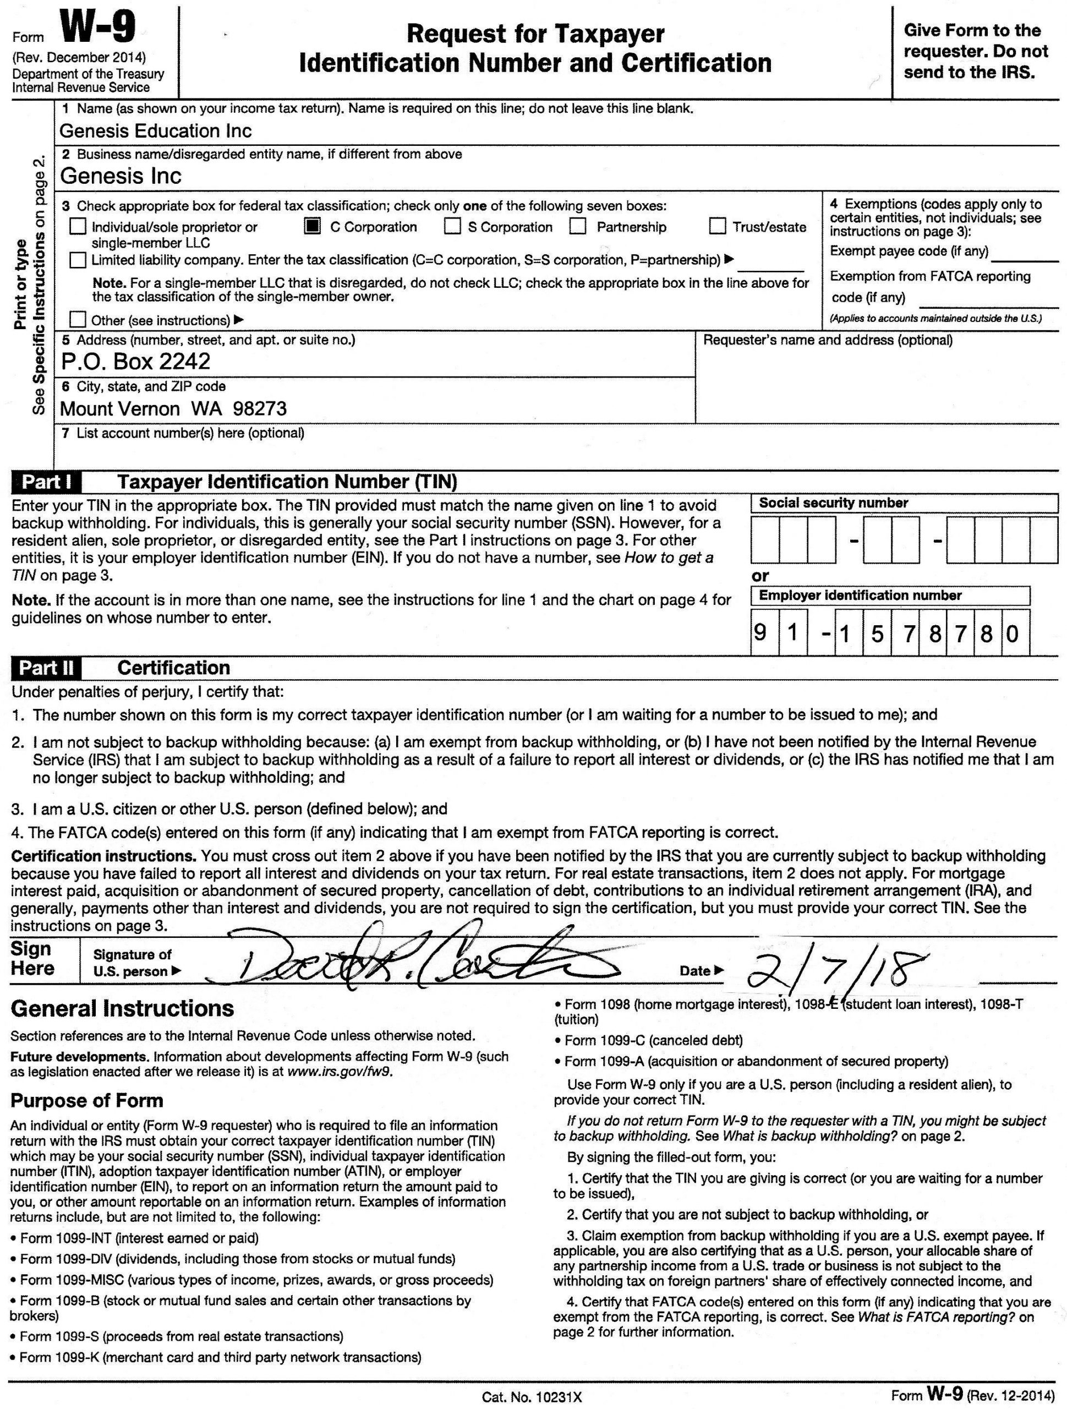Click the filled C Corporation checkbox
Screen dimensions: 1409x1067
click(312, 227)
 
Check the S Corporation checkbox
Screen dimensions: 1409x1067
click(452, 227)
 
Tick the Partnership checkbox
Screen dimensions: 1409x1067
click(578, 227)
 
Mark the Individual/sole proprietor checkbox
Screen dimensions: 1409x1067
click(78, 227)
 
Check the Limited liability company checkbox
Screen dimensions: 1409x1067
click(78, 260)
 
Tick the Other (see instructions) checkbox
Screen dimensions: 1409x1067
click(78, 319)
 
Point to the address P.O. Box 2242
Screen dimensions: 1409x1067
click(135, 362)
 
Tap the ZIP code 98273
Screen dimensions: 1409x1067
click(260, 408)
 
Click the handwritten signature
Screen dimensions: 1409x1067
click(414, 962)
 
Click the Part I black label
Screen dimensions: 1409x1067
click(46, 482)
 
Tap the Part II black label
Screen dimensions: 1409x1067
click(46, 668)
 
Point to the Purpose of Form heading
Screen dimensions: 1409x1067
click(87, 1101)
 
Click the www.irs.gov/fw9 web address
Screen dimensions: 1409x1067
click(340, 1072)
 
